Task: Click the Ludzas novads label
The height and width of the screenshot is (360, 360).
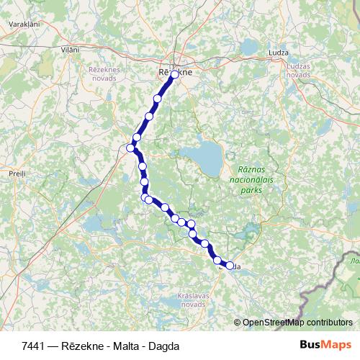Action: tap(298, 71)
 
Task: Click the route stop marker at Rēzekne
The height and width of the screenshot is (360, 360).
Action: tap(174, 73)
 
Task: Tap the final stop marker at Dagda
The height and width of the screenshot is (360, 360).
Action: tap(230, 266)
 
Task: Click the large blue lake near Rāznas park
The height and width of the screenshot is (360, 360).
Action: tap(202, 153)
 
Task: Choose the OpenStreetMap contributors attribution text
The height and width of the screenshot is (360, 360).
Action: tap(297, 322)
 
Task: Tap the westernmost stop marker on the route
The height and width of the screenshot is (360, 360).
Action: tap(130, 148)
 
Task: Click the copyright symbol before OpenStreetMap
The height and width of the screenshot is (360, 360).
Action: tap(238, 322)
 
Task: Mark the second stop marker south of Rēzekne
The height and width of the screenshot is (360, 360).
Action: tap(150, 116)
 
